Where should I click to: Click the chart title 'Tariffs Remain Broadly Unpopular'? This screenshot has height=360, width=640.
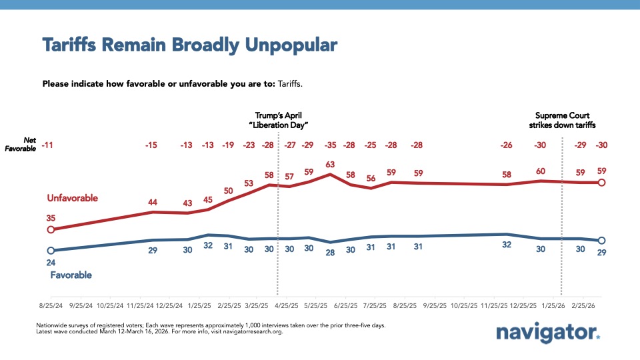(x=189, y=45)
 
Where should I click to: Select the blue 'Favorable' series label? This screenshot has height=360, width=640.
(x=71, y=275)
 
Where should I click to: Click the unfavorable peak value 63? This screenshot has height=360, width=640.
(x=329, y=164)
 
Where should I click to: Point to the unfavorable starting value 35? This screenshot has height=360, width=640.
(x=50, y=217)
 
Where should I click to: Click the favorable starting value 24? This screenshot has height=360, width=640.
(x=50, y=263)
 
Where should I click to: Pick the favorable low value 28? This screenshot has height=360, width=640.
(x=329, y=252)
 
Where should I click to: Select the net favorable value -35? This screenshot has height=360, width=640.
(x=329, y=145)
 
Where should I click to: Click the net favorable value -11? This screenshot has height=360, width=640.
(x=47, y=145)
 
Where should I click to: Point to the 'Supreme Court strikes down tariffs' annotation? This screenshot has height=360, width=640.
(x=562, y=120)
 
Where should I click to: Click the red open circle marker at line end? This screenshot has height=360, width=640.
(x=601, y=183)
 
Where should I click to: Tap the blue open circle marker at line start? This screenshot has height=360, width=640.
(x=50, y=251)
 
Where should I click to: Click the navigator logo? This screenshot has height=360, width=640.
(x=548, y=333)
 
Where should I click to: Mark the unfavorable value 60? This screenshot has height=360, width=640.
(x=541, y=171)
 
